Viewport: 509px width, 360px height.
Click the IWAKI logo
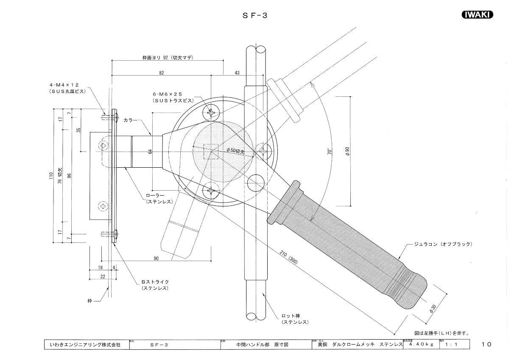coord(477,15)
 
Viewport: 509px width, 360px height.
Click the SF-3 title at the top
coord(254,15)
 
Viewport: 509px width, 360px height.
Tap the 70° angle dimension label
coord(329,152)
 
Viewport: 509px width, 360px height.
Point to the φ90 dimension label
coord(348,151)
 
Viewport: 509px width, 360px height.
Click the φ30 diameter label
coord(432,309)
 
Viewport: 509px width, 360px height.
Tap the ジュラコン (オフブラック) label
coord(444,244)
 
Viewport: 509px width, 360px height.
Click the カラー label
coord(130,121)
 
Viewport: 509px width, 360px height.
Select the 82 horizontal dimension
coord(162,73)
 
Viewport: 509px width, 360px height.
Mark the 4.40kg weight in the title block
coord(421,345)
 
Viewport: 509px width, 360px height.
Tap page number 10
coord(487,344)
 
